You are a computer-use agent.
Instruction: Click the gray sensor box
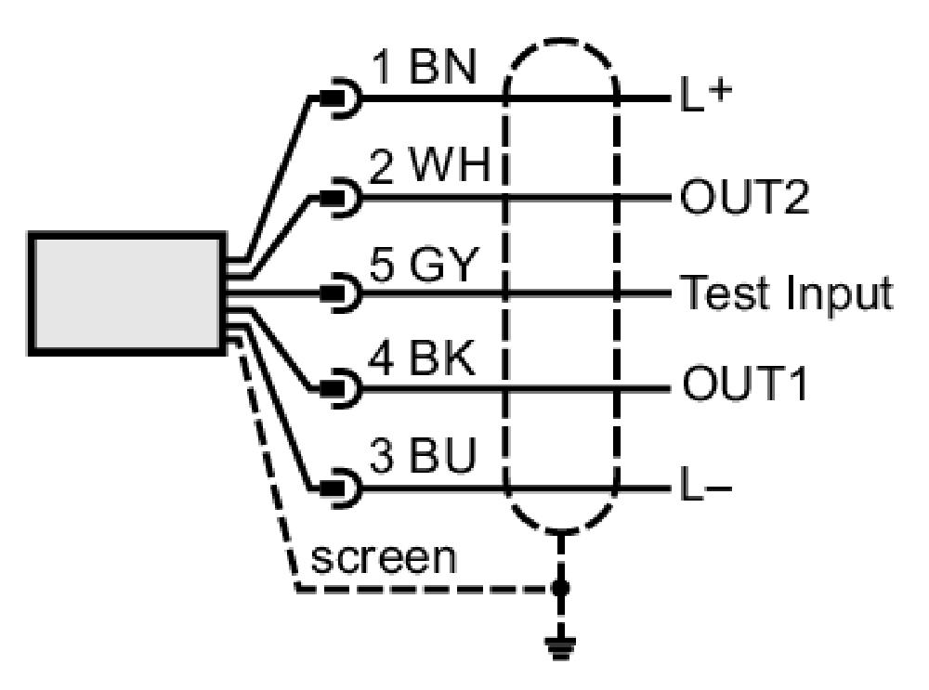[126, 293]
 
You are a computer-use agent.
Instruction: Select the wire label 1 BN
[425, 67]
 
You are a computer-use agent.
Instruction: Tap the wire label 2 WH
[430, 164]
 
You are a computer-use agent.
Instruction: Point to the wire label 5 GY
[423, 264]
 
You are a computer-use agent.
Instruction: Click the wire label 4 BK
[422, 358]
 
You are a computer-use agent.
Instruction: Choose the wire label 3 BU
[423, 455]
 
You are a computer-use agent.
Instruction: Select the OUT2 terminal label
[744, 197]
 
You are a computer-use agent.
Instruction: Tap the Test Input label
[786, 293]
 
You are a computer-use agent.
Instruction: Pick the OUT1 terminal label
[744, 384]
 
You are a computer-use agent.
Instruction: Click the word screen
[384, 558]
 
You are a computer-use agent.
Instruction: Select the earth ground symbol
[560, 647]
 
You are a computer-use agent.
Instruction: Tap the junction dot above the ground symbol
[560, 588]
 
